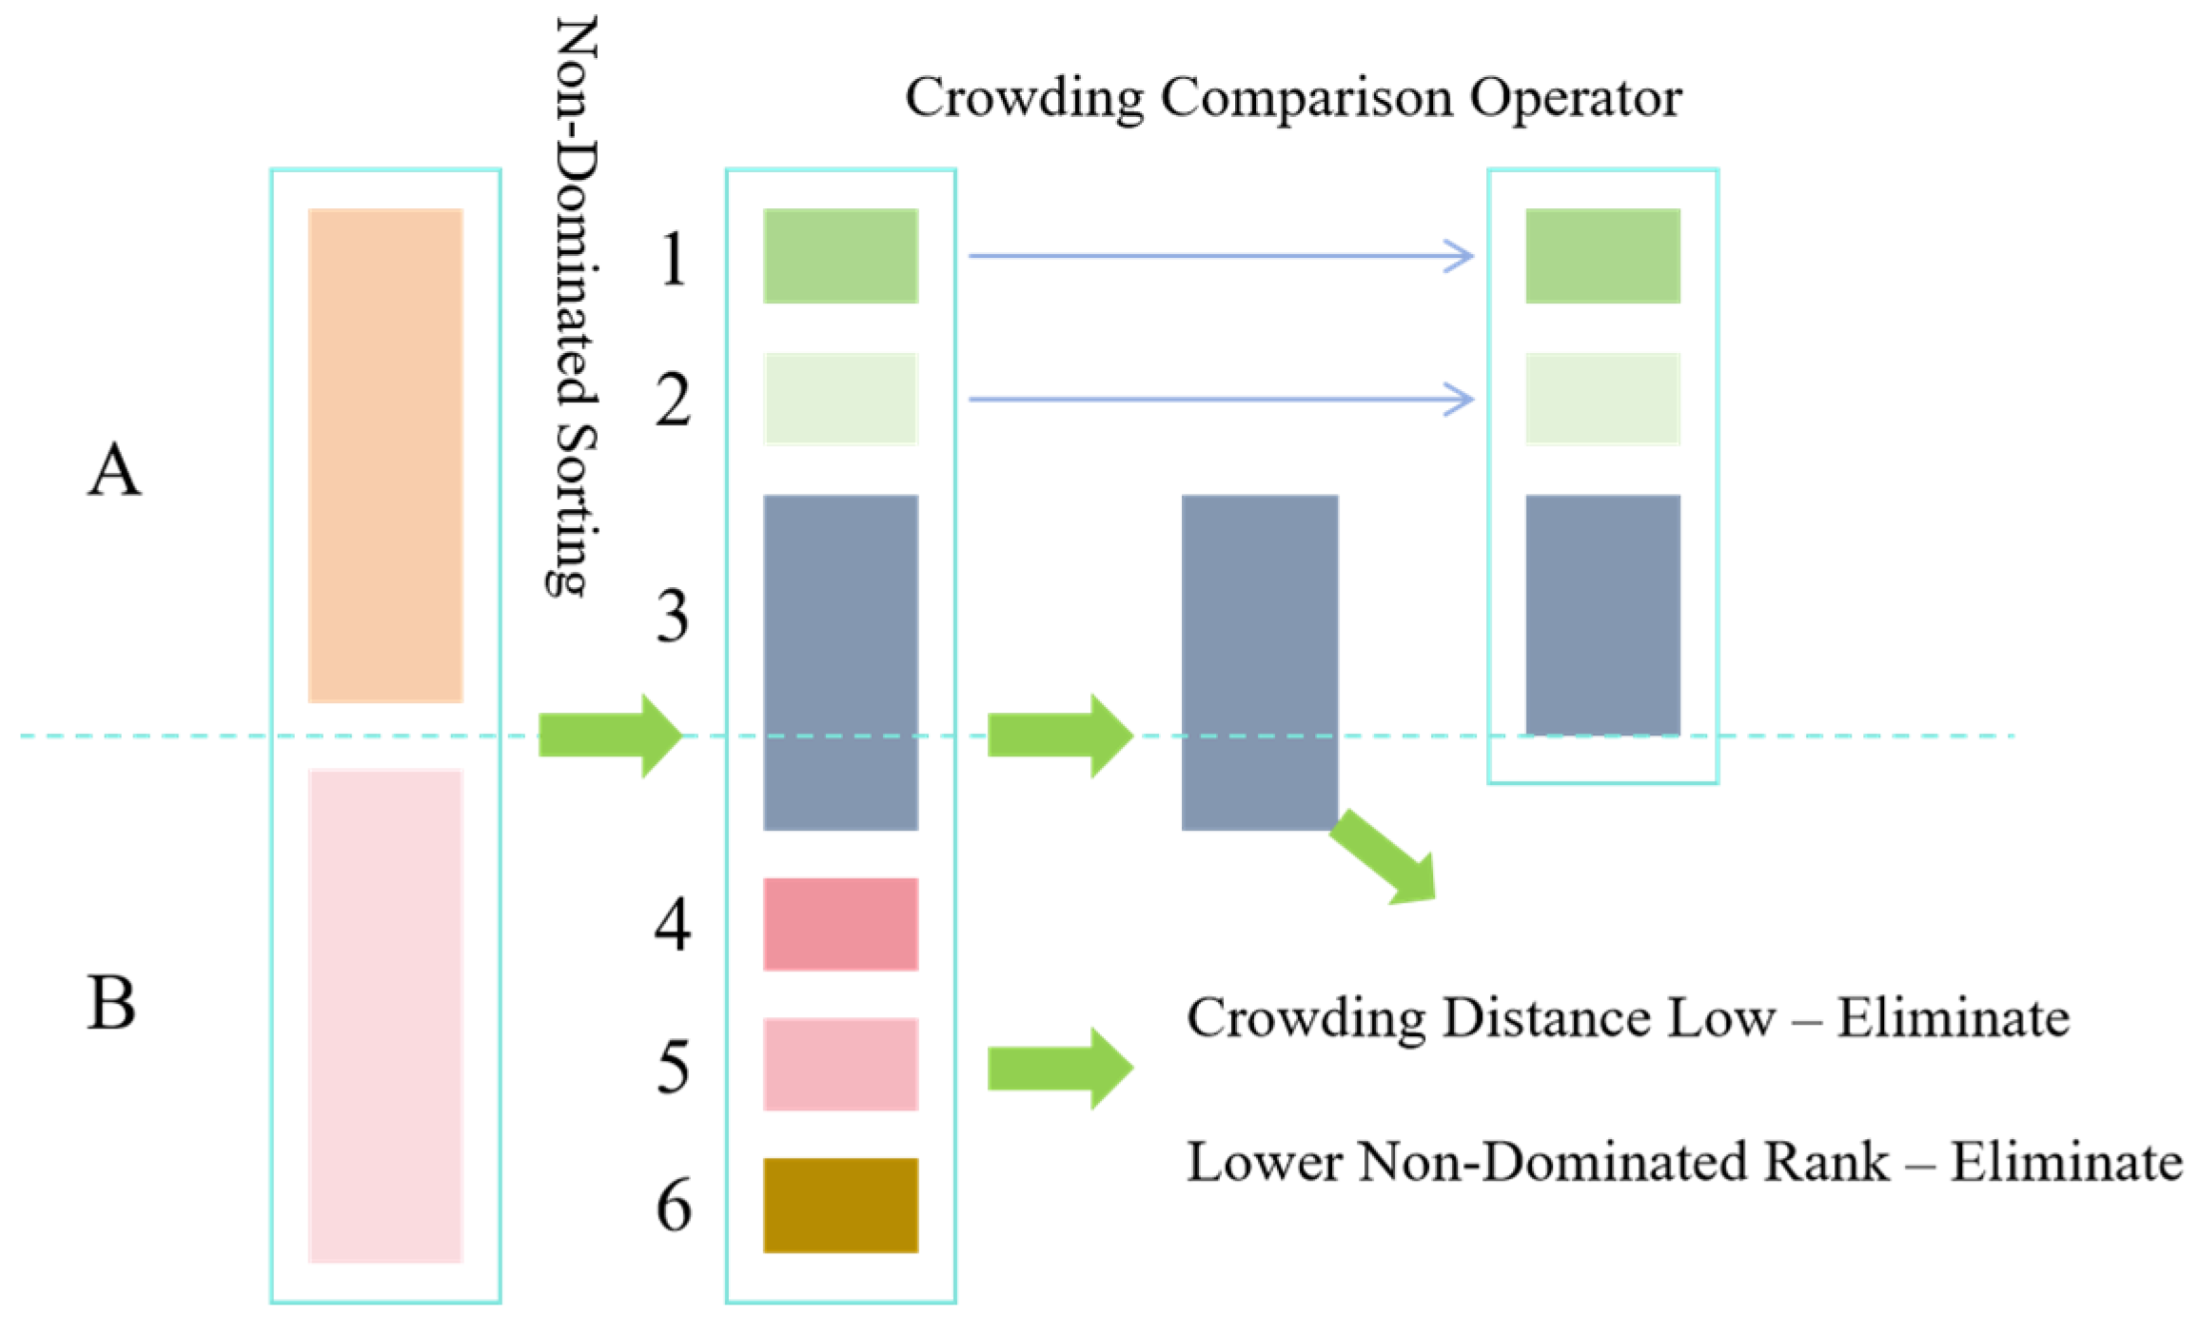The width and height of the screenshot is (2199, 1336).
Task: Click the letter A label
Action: (114, 469)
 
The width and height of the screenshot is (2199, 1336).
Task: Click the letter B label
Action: (111, 1003)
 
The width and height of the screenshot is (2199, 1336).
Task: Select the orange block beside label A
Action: (385, 455)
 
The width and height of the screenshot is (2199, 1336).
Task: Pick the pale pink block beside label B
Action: (385, 1015)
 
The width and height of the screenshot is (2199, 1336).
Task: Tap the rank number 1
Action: (673, 259)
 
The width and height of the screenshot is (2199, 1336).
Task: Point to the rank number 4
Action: (673, 924)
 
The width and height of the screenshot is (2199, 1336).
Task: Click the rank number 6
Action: (674, 1206)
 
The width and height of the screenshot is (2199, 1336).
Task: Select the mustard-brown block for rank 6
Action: (840, 1205)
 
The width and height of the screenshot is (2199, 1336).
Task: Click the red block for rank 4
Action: (840, 924)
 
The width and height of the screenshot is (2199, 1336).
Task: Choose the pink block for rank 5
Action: (840, 1064)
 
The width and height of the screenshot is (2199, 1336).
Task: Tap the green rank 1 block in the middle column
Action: (840, 256)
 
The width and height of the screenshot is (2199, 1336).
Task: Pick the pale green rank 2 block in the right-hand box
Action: (1602, 399)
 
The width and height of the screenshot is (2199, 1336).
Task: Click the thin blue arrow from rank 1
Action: (1220, 256)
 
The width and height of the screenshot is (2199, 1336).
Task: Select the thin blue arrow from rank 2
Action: (1220, 399)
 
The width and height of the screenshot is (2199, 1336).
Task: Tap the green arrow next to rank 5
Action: (1060, 1068)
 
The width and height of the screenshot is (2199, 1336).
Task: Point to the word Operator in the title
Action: (1575, 98)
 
